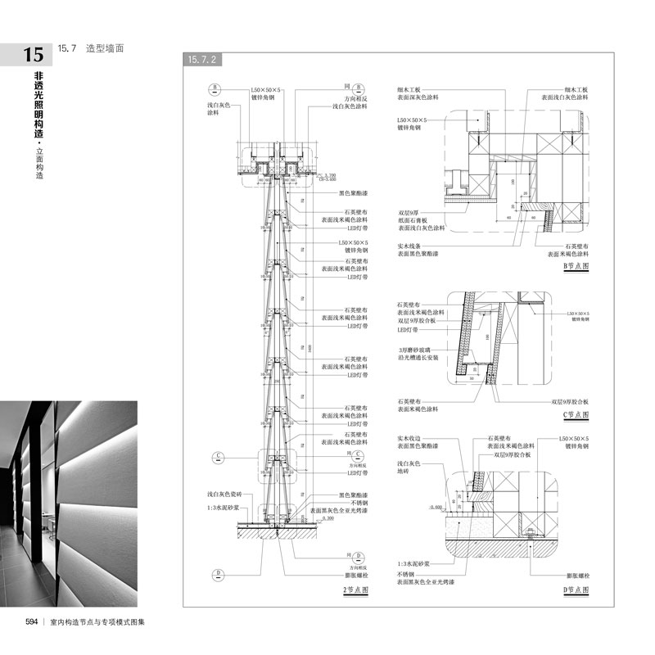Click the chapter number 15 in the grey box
pyautogui.click(x=34, y=56)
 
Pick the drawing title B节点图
pyautogui.click(x=576, y=266)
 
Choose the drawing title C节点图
pyautogui.click(x=576, y=414)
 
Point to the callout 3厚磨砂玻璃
pyautogui.click(x=414, y=350)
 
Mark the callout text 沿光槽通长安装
pyautogui.click(x=417, y=359)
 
